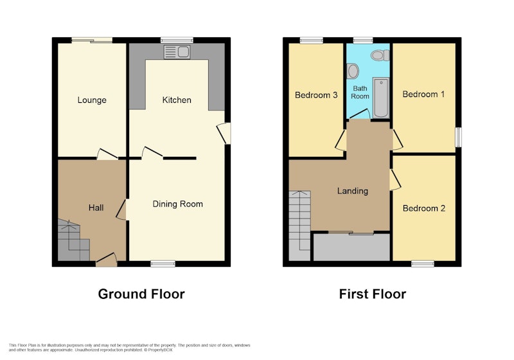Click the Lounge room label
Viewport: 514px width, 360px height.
(x=92, y=100)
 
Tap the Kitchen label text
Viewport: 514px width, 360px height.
(x=177, y=100)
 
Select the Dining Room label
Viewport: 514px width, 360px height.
(x=178, y=204)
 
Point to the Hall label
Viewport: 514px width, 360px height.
(x=96, y=208)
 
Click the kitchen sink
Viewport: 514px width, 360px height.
(x=177, y=52)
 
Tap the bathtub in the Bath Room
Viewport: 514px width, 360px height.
(x=381, y=98)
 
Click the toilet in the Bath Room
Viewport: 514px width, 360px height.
(x=380, y=55)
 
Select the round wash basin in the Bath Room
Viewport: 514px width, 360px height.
(x=353, y=71)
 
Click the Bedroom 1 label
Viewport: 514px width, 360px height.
(x=423, y=94)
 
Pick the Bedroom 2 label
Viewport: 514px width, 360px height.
(x=424, y=208)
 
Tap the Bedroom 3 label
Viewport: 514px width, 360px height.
(x=316, y=95)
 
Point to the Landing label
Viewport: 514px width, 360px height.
(x=353, y=191)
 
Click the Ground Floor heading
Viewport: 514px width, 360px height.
(x=141, y=294)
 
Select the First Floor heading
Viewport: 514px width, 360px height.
(x=373, y=294)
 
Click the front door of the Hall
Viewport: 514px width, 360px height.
(x=107, y=260)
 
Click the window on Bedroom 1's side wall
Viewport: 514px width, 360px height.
(x=459, y=137)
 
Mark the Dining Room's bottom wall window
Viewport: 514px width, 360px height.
(x=163, y=264)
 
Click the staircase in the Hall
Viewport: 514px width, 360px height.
(x=74, y=240)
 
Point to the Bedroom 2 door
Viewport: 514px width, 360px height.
(x=395, y=179)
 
